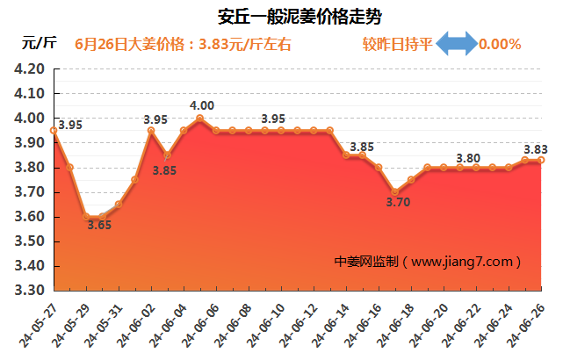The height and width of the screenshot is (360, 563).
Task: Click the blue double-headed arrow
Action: tap(457, 43)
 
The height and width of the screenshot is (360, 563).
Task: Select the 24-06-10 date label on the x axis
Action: tap(269, 327)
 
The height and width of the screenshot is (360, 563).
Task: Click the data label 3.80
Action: tap(468, 158)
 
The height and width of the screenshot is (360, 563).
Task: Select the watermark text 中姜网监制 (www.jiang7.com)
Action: tap(429, 262)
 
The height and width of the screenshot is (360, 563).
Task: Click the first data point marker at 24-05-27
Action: tap(54, 130)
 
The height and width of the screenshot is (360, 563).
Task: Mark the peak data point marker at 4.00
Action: tap(200, 118)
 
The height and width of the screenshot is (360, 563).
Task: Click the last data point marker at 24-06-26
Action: tap(541, 160)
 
